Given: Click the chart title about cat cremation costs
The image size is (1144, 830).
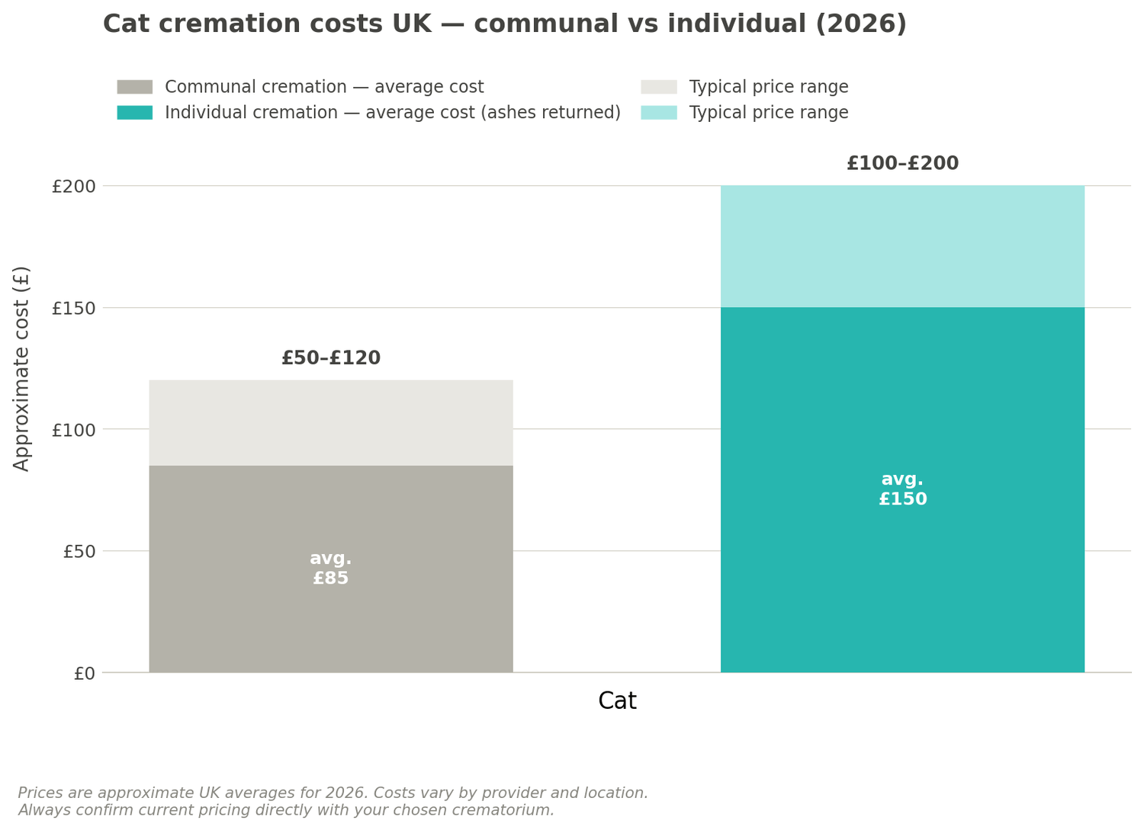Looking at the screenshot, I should click(504, 24).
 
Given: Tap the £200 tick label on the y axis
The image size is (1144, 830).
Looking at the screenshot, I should click(73, 187).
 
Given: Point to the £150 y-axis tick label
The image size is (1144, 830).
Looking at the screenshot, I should click(73, 309).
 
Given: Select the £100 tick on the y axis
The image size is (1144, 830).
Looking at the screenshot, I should click(73, 430).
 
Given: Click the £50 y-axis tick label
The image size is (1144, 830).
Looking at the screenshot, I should click(79, 552).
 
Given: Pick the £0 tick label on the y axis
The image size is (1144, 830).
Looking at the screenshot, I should click(84, 674).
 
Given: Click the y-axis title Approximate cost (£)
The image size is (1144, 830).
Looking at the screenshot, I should click(22, 368).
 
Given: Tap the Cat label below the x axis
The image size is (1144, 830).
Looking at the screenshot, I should click(617, 701).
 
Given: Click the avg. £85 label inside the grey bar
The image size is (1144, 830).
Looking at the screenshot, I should click(331, 569).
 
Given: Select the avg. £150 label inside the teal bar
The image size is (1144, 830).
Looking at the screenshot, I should click(902, 489).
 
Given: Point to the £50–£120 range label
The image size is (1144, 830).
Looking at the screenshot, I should click(331, 358).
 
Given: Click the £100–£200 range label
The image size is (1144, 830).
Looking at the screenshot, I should click(902, 164).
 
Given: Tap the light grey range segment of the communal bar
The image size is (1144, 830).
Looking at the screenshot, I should click(331, 423).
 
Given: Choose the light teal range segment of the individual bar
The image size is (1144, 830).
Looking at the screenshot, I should click(902, 246).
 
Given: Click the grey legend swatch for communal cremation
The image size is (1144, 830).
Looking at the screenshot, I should click(134, 87).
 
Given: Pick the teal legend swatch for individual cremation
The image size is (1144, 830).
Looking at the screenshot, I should click(134, 113).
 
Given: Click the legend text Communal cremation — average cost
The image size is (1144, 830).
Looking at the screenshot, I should click(324, 87).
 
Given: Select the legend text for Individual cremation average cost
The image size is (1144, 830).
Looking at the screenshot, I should click(393, 113).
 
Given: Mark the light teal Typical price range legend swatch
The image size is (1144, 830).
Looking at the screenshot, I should click(658, 113).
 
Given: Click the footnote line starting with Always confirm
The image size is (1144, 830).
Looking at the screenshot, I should click(286, 810).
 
